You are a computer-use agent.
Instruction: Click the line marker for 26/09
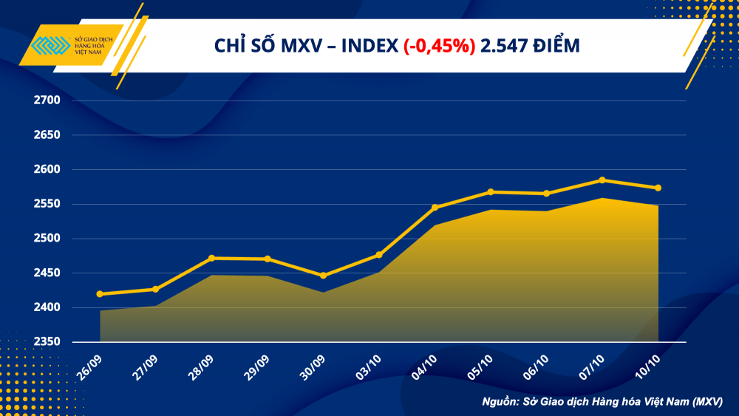click(x=100, y=294)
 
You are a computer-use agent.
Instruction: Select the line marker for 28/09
click(x=212, y=258)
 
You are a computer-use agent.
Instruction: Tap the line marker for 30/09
click(x=323, y=276)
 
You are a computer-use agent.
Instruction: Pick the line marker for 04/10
click(x=435, y=208)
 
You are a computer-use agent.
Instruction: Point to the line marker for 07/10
click(x=602, y=180)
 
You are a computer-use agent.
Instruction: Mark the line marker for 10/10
click(x=658, y=188)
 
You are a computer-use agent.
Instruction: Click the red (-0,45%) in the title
click(x=440, y=46)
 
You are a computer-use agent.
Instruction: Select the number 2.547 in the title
click(x=503, y=46)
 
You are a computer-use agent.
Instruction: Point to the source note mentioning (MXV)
click(x=602, y=401)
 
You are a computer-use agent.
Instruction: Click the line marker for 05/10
click(x=491, y=192)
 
